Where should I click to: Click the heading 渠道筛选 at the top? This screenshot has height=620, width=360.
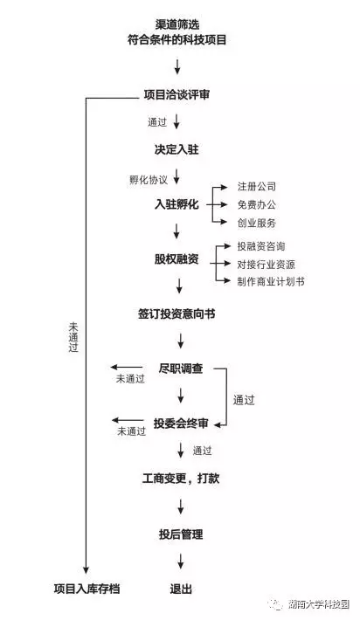(x=177, y=24)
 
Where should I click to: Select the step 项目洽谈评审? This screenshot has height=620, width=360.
(x=177, y=95)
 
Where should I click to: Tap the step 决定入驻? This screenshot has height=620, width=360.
(x=177, y=149)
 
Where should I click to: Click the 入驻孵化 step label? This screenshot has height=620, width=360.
(x=177, y=204)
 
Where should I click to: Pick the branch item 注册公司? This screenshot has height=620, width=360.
(x=256, y=186)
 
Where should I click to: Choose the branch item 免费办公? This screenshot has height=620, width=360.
(x=256, y=204)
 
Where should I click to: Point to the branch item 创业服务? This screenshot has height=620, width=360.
(x=256, y=223)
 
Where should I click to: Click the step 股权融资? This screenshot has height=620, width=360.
(x=177, y=259)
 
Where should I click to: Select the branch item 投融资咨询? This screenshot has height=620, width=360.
(x=261, y=246)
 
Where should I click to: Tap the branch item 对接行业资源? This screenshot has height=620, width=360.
(x=266, y=264)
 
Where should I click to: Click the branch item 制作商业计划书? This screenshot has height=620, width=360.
(x=271, y=281)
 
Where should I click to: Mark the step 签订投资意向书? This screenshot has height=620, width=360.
(x=177, y=314)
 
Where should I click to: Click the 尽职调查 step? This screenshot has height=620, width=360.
(x=181, y=369)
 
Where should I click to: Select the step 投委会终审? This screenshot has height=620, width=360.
(x=181, y=424)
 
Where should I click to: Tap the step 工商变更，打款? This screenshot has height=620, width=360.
(x=181, y=479)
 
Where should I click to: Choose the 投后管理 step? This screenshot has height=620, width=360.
(x=181, y=534)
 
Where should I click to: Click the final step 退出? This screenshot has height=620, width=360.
(x=181, y=589)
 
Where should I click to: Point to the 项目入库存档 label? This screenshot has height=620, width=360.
(x=87, y=589)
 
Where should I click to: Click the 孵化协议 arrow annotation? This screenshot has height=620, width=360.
(x=149, y=180)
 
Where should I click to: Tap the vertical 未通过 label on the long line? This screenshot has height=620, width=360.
(x=73, y=337)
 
